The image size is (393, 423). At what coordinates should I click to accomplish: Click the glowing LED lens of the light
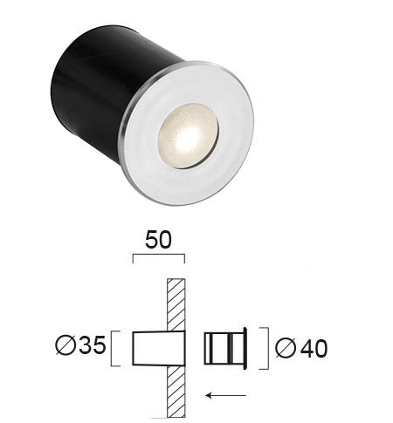tap(188, 136)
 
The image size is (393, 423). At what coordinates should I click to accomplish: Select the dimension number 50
tap(158, 240)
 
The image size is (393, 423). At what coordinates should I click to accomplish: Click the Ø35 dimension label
tap(80, 345)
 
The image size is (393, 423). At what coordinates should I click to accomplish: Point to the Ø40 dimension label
tap(301, 348)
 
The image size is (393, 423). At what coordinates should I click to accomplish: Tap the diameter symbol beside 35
tap(65, 345)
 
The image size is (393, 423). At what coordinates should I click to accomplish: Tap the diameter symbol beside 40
tap(286, 348)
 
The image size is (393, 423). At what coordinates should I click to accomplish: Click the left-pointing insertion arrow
tap(226, 395)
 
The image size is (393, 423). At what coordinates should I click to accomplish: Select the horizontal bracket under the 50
tap(159, 255)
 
